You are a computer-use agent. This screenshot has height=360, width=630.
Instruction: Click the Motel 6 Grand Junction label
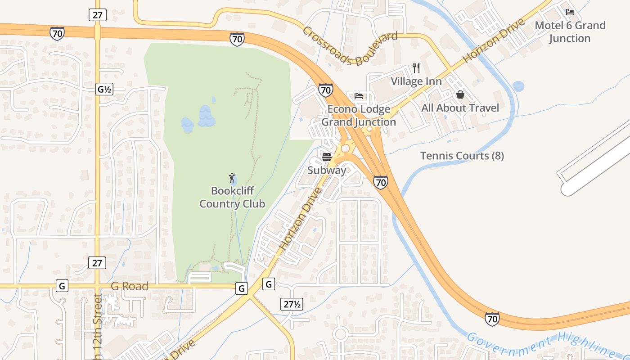(570, 31)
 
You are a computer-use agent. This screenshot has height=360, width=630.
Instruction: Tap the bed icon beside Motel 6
(570, 12)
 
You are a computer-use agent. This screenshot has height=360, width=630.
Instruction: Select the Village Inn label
(416, 81)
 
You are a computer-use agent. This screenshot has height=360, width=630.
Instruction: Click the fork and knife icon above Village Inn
(416, 68)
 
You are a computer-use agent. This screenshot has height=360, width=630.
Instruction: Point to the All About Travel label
(460, 108)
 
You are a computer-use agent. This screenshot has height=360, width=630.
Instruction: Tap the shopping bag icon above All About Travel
(460, 94)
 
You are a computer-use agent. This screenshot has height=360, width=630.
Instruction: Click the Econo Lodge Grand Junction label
(359, 116)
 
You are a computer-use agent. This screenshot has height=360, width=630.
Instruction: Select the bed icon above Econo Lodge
(359, 95)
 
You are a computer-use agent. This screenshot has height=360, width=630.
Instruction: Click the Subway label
(327, 171)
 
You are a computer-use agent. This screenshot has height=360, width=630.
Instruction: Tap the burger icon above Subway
(327, 157)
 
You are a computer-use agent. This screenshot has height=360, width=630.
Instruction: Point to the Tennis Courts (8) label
(462, 156)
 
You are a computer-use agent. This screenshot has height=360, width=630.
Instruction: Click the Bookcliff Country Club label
(232, 197)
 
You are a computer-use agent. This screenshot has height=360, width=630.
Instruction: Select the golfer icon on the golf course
(232, 178)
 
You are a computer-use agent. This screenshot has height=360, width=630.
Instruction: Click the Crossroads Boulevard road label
(350, 46)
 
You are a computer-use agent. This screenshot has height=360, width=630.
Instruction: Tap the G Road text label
(130, 286)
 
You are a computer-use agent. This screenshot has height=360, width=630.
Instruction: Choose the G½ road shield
(104, 89)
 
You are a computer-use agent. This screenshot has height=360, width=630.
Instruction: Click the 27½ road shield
(292, 304)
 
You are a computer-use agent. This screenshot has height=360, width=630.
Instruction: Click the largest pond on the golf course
(207, 116)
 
